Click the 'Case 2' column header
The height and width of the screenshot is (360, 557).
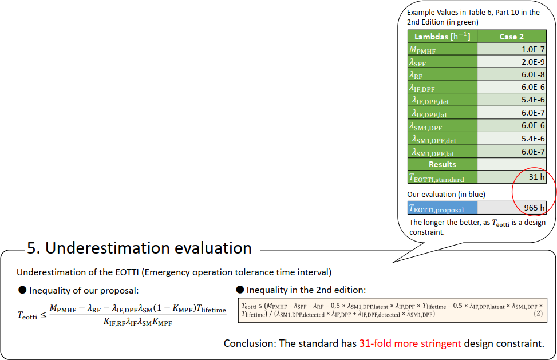[x=512, y=37]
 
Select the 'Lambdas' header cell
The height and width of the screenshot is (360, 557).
[x=443, y=37]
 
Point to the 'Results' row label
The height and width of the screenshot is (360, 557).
[x=443, y=164]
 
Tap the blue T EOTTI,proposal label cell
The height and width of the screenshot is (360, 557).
[x=443, y=208]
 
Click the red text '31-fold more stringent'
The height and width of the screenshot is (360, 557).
[x=410, y=343]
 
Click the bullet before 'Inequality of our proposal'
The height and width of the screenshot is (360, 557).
[x=22, y=290]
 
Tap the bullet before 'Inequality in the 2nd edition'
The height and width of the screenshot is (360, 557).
[x=240, y=290]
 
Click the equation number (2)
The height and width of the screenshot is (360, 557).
[x=538, y=313]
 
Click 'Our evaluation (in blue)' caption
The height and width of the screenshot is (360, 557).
[x=446, y=194]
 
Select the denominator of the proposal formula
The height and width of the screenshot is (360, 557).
[x=138, y=322]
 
